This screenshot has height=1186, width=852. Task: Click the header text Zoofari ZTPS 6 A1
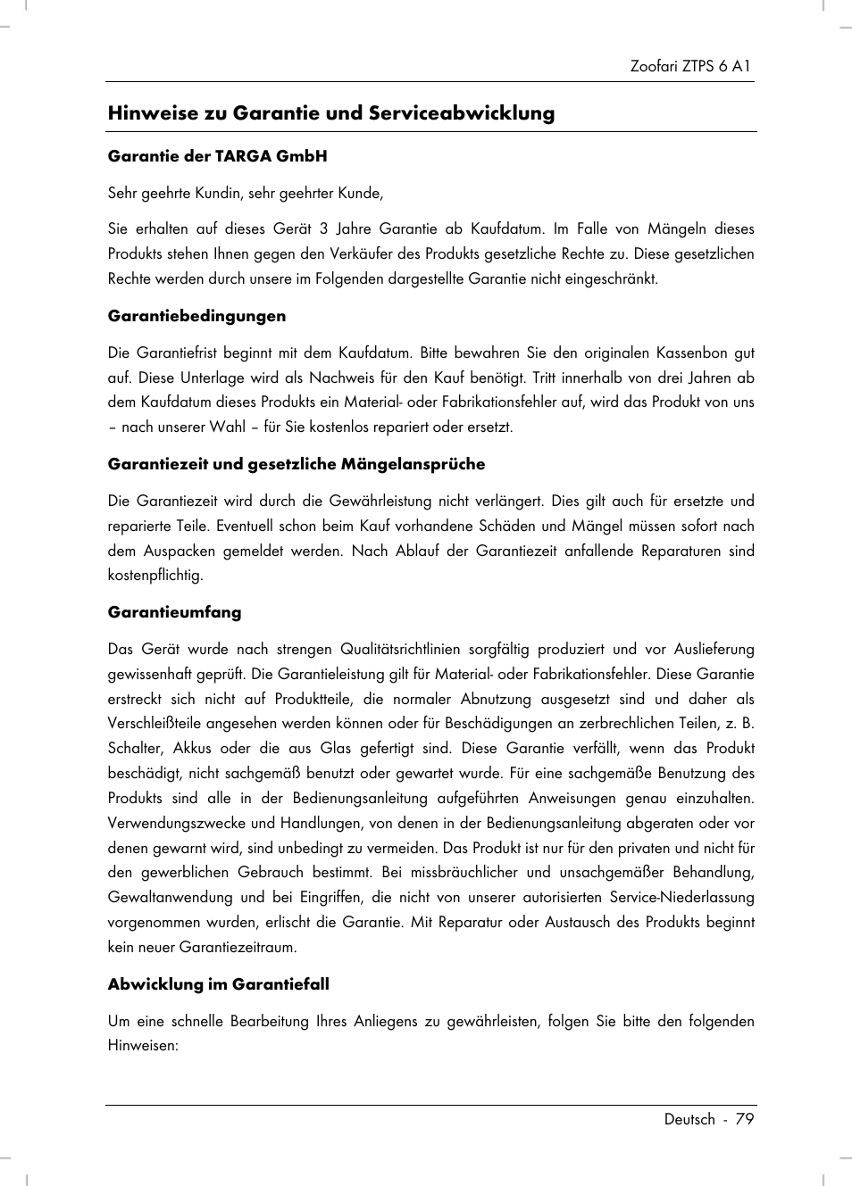[x=689, y=66]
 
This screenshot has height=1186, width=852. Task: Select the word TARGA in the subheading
[x=243, y=156]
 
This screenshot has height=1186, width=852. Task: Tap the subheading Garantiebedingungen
[x=196, y=316]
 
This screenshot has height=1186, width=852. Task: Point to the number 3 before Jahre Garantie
[x=323, y=229]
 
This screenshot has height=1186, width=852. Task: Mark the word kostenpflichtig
[x=155, y=576]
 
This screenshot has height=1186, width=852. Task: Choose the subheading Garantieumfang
[x=174, y=612]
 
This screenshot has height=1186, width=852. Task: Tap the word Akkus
[x=192, y=749]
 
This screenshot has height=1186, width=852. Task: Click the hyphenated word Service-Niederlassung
[x=681, y=898]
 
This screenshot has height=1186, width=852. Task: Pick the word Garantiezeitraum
[x=238, y=948]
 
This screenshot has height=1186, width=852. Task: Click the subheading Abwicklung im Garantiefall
[x=218, y=984]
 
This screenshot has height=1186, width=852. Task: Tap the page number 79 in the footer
[x=744, y=1120]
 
